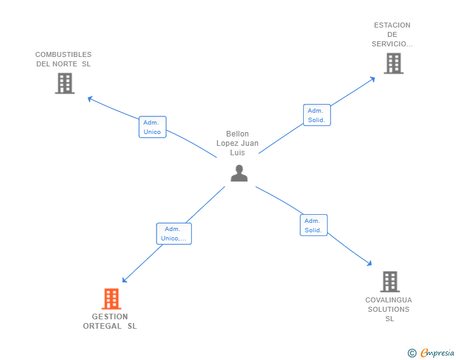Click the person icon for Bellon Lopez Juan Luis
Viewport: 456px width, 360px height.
tap(239, 173)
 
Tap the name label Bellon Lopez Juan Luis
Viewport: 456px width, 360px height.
tap(237, 143)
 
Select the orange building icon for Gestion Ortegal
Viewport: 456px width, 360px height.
tap(111, 299)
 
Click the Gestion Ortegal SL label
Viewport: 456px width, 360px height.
tap(110, 321)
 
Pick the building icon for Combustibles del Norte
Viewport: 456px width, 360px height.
tap(65, 83)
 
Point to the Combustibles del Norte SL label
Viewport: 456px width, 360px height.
tap(63, 59)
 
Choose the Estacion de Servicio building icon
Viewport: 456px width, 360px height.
tap(393, 63)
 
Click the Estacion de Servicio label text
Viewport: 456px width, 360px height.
tap(392, 34)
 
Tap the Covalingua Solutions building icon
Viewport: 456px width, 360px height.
tap(390, 282)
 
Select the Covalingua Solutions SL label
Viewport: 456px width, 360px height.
tap(389, 309)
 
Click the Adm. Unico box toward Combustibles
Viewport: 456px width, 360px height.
tap(152, 127)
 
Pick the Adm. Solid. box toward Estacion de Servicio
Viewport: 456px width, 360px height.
tap(316, 115)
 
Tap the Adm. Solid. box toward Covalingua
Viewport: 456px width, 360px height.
tap(313, 225)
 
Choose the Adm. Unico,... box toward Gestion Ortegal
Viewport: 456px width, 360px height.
tap(174, 234)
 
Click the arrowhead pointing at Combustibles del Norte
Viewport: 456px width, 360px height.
tap(90, 98)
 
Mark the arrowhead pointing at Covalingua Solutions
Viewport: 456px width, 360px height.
tap(370, 264)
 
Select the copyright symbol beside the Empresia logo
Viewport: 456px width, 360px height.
tap(412, 353)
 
